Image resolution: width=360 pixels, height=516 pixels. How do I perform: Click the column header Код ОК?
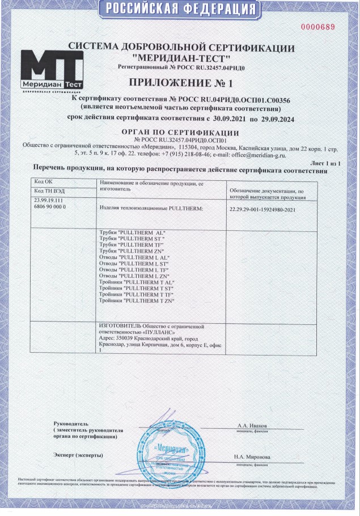coord(43,181)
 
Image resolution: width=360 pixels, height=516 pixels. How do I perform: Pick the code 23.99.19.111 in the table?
coord(49,201)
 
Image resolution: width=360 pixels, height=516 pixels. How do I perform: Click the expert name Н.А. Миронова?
coord(252,457)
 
